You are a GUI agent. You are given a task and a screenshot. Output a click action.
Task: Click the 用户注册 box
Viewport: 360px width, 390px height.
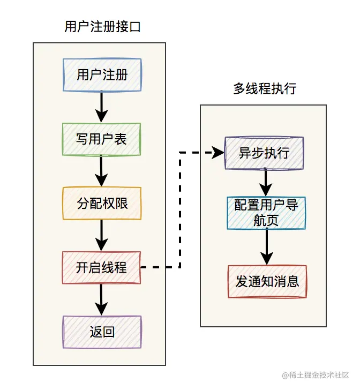(102, 74)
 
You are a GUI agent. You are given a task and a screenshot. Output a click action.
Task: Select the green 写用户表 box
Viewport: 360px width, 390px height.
(102, 139)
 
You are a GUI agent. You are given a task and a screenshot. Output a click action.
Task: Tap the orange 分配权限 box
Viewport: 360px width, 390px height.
(102, 203)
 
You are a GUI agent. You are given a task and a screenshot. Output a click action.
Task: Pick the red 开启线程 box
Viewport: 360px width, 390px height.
(102, 267)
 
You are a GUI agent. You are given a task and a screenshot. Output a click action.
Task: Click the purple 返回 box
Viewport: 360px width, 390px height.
(102, 332)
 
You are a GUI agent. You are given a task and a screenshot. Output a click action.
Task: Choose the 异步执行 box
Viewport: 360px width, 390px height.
(264, 153)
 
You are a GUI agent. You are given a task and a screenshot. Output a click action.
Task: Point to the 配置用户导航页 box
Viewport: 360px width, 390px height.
(266, 213)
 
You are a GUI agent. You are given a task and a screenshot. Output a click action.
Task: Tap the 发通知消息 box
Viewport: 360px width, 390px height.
(267, 281)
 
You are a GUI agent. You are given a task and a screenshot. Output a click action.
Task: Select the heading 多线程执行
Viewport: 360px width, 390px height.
(265, 89)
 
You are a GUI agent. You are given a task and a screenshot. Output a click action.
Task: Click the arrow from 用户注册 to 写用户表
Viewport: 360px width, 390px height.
(102, 107)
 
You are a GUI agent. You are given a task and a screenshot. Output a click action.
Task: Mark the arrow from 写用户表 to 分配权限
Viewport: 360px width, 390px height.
(102, 171)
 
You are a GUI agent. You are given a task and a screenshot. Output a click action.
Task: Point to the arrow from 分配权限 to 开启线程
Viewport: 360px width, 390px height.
(102, 235)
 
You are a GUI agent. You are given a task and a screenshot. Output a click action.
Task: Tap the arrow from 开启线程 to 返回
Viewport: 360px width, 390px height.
(102, 299)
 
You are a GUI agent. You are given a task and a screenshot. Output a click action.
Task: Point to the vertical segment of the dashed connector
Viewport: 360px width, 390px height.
(180, 210)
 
